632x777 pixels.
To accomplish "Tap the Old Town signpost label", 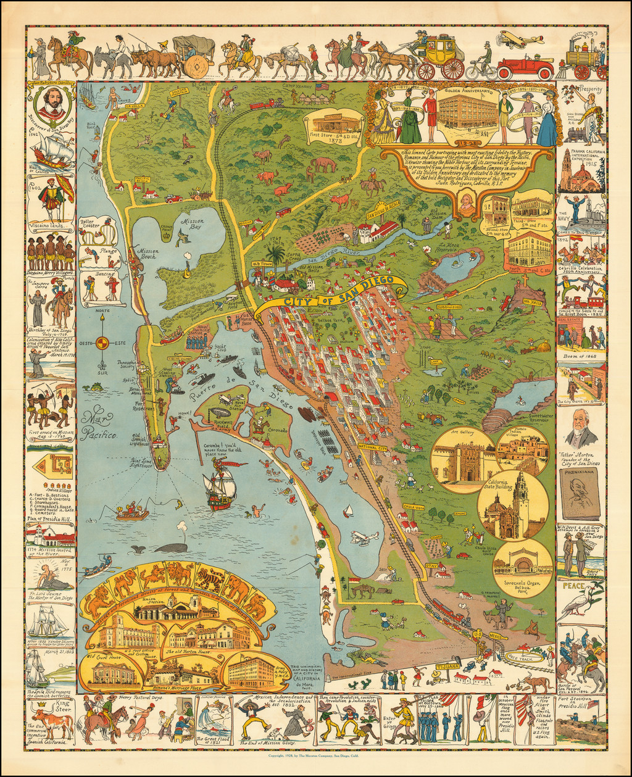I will point(262,264).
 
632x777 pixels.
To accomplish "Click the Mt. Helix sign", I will point(514,303).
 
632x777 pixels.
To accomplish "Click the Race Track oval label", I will point(523,658).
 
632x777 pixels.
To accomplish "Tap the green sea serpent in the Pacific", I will point(94,387).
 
